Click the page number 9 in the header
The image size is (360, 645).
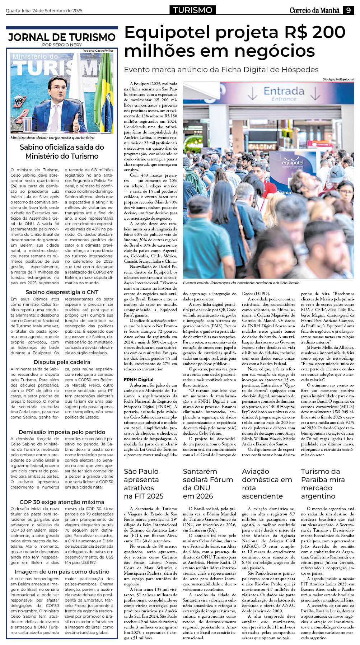tap(348, 10)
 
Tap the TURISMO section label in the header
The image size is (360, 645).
tap(193, 10)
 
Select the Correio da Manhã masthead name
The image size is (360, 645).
tap(314, 11)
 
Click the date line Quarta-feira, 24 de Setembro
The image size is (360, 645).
tap(44, 11)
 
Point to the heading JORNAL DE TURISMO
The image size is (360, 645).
tap(62, 37)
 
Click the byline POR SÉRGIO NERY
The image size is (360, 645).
tap(62, 45)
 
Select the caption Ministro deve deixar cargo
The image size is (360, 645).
tap(52, 137)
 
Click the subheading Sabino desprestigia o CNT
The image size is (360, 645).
tap(62, 292)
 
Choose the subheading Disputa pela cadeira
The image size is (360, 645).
tap(62, 362)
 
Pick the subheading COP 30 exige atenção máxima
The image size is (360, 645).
tap(62, 502)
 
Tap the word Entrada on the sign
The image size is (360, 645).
tap(284, 91)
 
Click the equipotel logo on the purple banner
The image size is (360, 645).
tap(293, 163)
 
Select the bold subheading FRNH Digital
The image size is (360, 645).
tap(139, 379)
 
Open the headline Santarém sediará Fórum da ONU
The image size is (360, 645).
tap(208, 483)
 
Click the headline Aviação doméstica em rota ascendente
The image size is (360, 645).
tap(267, 483)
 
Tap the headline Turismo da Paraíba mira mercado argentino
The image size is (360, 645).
tap(323, 483)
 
